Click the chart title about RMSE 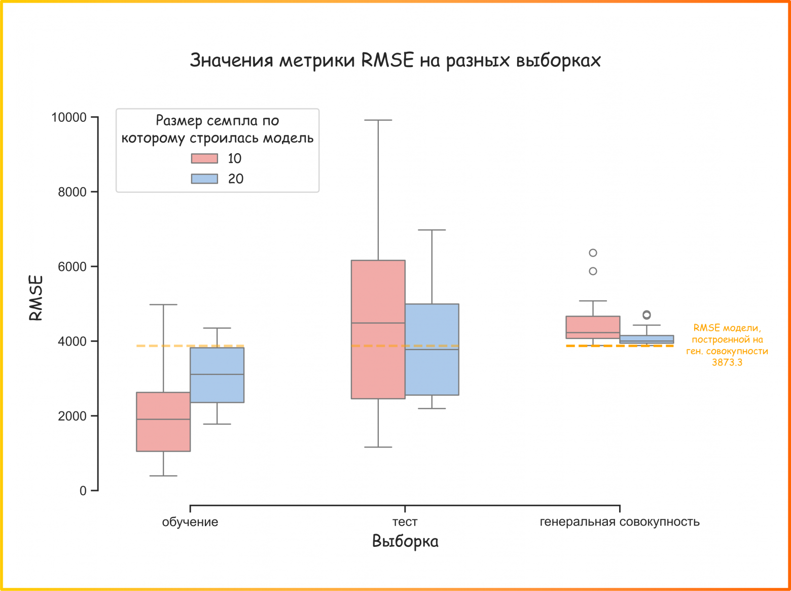coord(395,60)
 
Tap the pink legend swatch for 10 coord(204,158)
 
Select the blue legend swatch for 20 coord(204,179)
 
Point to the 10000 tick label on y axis coord(69,117)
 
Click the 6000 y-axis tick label coord(72,267)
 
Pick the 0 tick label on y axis coord(83,491)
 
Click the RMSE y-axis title coord(35,298)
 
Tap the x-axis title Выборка coord(405,541)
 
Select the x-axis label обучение coord(190,522)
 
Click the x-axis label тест coord(405,522)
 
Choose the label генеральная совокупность coord(619,522)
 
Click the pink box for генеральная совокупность coord(593,327)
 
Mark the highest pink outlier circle coord(593,253)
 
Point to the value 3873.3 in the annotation coord(727,362)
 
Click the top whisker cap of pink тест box coord(378,120)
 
